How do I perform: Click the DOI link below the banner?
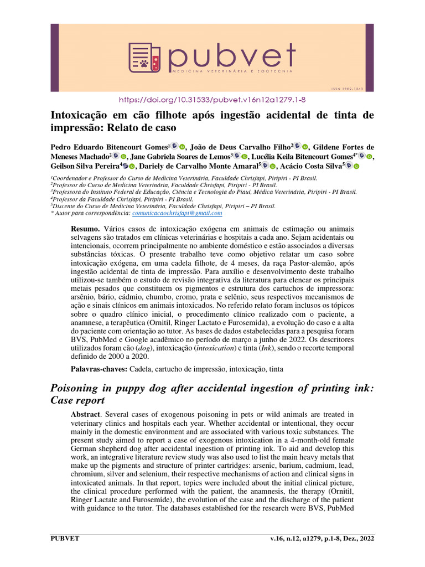(212, 100)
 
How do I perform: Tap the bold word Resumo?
(85, 229)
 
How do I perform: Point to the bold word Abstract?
(86, 414)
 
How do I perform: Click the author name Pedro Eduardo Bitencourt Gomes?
(110, 147)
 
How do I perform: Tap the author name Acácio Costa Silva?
(310, 166)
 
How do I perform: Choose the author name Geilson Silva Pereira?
(85, 166)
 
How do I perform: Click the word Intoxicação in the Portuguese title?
(82, 115)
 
